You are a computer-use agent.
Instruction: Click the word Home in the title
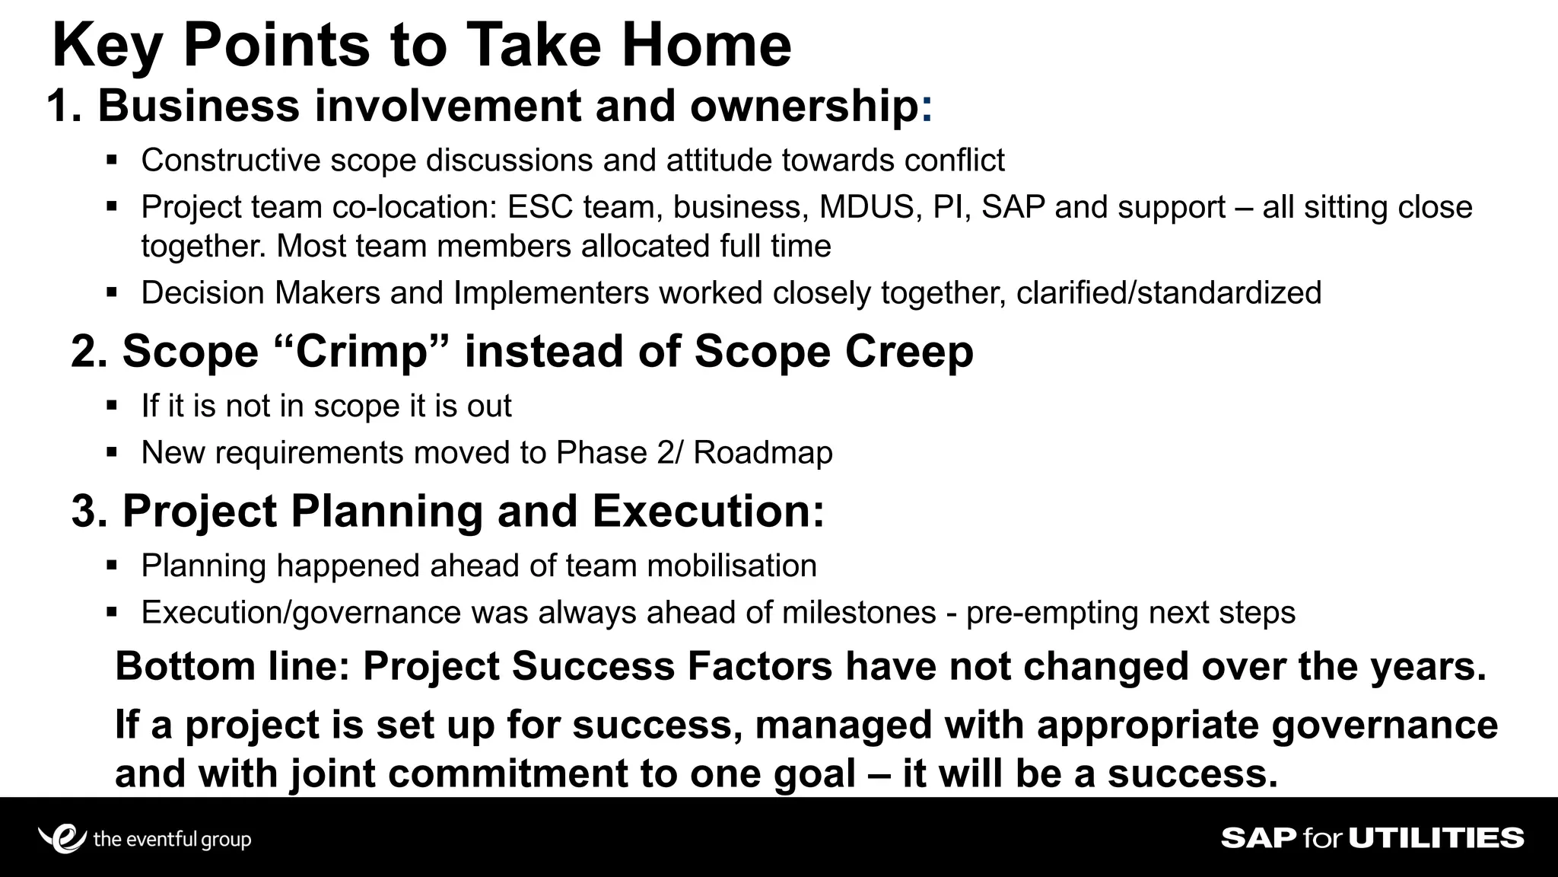click(706, 46)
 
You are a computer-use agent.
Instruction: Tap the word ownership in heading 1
click(804, 106)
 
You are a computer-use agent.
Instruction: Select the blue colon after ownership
click(926, 107)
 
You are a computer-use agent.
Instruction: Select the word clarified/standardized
click(1168, 293)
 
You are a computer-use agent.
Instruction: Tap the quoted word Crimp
click(361, 352)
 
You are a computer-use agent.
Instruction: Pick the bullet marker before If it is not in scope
click(112, 406)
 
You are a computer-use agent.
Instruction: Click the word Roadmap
click(762, 453)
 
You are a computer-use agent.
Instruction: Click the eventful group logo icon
click(61, 838)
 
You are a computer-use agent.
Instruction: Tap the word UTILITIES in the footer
click(1436, 838)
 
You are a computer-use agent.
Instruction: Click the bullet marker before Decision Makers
click(112, 292)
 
